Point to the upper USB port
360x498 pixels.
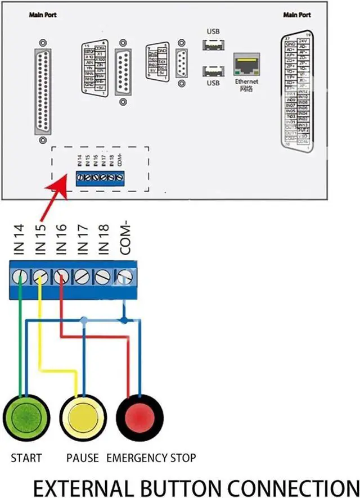[213, 44]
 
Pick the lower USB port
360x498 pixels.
[213, 71]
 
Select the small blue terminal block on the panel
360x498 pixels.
[100, 178]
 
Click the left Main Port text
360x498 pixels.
[43, 15]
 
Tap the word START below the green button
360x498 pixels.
[26, 458]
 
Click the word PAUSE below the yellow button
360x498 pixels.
[83, 458]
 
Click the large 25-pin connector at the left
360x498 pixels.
[43, 90]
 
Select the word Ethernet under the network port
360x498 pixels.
[246, 82]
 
